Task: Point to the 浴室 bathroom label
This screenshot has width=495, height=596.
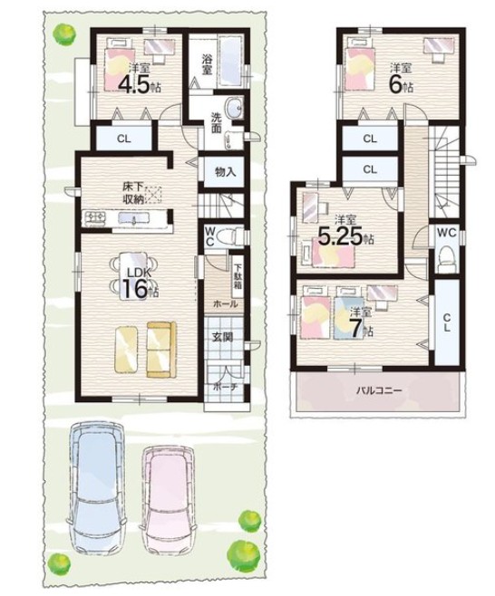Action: click(207, 64)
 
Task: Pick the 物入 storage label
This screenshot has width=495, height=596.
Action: click(226, 172)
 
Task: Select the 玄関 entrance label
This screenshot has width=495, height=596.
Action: click(223, 336)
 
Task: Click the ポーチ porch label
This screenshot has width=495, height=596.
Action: click(225, 387)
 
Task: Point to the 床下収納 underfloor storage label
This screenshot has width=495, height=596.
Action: click(132, 193)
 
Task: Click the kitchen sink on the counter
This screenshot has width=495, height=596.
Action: click(132, 218)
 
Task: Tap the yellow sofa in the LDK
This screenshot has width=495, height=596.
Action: click(161, 350)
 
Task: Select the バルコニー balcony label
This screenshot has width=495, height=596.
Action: click(379, 390)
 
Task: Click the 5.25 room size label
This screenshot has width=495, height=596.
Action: click(345, 237)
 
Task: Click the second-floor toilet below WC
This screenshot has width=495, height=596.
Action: click(447, 258)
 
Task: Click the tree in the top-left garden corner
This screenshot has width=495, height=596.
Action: click(64, 34)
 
